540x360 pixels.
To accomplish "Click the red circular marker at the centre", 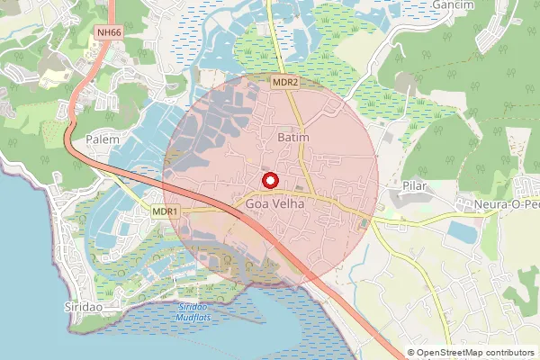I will (269, 180).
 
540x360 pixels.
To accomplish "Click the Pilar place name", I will (413, 186).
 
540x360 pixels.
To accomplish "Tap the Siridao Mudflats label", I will (188, 311).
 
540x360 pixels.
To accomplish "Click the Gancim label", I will (453, 4).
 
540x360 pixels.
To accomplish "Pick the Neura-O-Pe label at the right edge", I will (508, 204).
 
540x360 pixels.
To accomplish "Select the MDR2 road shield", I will (285, 82).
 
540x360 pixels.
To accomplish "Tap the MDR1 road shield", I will (166, 211).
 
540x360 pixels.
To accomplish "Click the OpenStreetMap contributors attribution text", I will (471, 353).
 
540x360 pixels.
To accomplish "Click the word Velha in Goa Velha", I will (291, 205).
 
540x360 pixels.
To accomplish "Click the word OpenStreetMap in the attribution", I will (449, 353).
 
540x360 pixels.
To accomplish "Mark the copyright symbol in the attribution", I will (412, 353).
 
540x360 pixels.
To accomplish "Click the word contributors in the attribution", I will (509, 353).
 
